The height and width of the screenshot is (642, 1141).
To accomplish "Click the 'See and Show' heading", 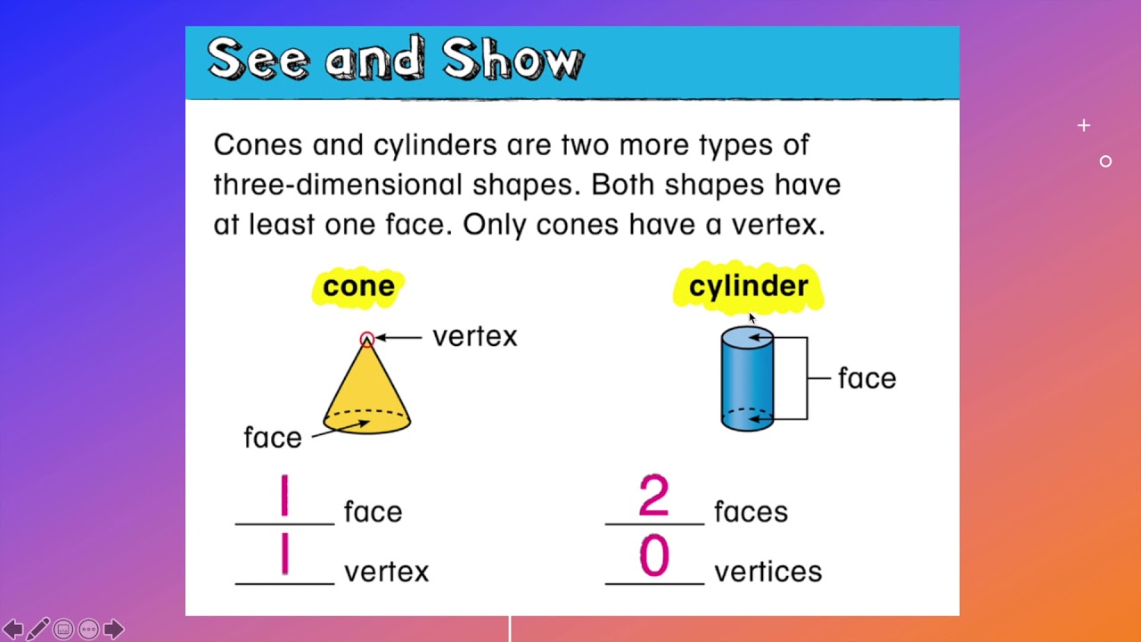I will [395, 61].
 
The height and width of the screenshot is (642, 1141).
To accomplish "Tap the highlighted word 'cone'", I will [358, 286].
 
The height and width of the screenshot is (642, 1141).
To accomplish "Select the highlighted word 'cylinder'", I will [748, 286].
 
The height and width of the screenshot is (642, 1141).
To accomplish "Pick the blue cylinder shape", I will [746, 380].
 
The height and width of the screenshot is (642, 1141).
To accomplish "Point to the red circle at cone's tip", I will [366, 339].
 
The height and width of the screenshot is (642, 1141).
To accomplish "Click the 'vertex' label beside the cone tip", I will [474, 337].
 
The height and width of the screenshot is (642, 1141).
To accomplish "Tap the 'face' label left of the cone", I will [272, 438].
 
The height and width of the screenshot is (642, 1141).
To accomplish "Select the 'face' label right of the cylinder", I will [866, 378].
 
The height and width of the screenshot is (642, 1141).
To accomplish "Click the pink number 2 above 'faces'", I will [653, 497].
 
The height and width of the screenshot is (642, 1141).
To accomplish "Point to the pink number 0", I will [653, 557].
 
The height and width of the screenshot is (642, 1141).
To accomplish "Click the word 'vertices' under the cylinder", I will [768, 572].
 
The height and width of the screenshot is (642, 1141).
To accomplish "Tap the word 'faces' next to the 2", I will [751, 512].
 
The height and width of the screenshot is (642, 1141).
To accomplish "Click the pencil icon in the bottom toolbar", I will [38, 630].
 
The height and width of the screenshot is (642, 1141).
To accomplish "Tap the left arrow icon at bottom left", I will [12, 630].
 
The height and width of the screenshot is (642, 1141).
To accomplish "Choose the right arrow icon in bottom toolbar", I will [113, 630].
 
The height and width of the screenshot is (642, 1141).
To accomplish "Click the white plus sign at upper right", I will [1083, 126].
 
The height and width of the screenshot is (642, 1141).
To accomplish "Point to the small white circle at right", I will [1105, 161].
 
